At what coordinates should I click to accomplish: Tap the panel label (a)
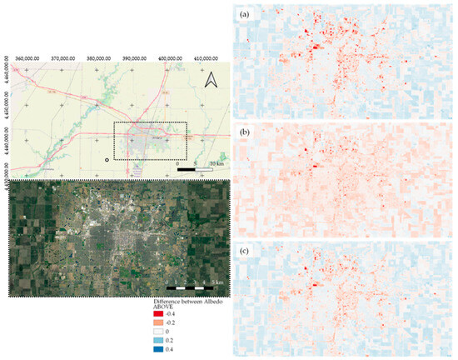click(x=245, y=15)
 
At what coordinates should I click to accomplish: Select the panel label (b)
click(x=245, y=132)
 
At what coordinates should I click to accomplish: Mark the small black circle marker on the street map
click(x=107, y=158)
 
